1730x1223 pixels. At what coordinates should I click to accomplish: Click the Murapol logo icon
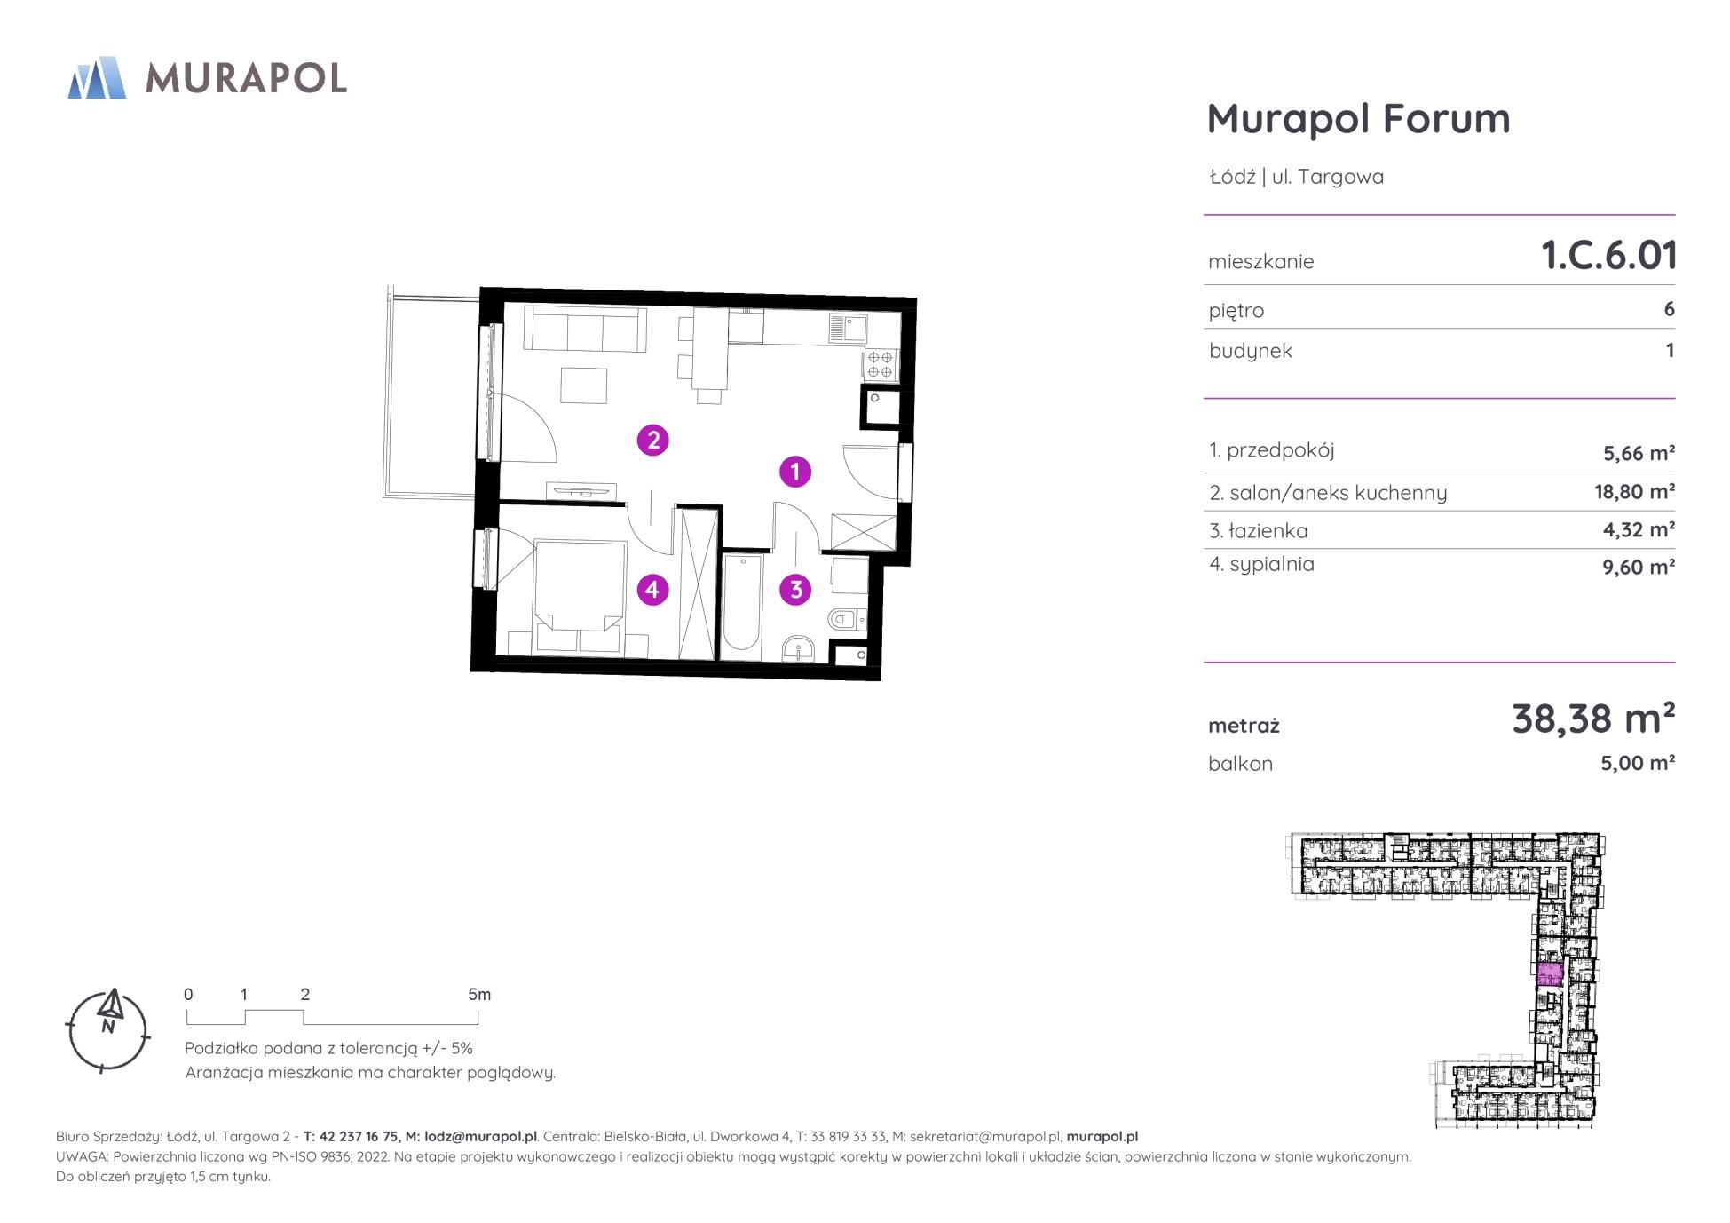tap(97, 77)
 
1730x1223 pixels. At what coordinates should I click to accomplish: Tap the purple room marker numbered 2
tap(653, 440)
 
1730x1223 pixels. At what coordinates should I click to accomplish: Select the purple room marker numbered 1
tap(795, 471)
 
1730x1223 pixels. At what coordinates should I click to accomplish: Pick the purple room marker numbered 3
tap(795, 589)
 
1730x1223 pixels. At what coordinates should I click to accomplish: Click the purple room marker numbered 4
tap(652, 589)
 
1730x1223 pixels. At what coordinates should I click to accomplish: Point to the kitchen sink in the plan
tap(848, 329)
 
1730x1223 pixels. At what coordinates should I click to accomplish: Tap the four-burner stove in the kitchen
tap(881, 364)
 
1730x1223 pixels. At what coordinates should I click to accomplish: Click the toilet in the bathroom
tap(846, 618)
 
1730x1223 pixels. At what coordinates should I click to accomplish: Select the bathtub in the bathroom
tap(741, 604)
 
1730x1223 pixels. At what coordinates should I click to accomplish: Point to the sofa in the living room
tap(584, 329)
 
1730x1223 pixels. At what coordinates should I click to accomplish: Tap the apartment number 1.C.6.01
tap(1608, 255)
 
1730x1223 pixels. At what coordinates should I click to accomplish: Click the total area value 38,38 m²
tap(1593, 718)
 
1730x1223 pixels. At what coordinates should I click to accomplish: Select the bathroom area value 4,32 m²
tap(1639, 529)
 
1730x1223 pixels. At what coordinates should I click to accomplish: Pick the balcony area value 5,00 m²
tap(1638, 763)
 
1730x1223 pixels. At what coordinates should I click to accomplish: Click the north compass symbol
tap(108, 1029)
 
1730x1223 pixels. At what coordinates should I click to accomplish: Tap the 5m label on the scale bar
tap(479, 995)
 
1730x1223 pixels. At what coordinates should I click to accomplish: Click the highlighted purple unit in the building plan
tap(1549, 974)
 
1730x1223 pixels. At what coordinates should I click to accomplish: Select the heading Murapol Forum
tap(1358, 118)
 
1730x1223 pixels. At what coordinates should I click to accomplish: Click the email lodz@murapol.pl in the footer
tap(480, 1137)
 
